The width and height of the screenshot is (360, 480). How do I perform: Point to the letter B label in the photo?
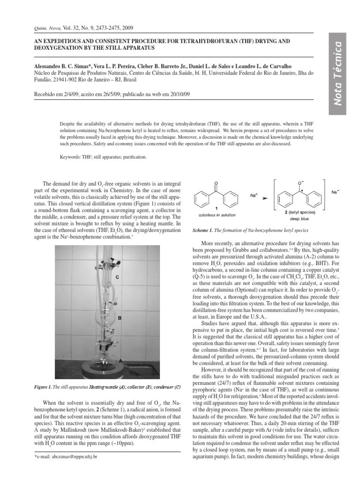[120, 318]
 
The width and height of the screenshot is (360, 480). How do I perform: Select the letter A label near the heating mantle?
[120, 360]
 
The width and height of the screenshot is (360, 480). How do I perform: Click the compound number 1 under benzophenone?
[215, 209]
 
